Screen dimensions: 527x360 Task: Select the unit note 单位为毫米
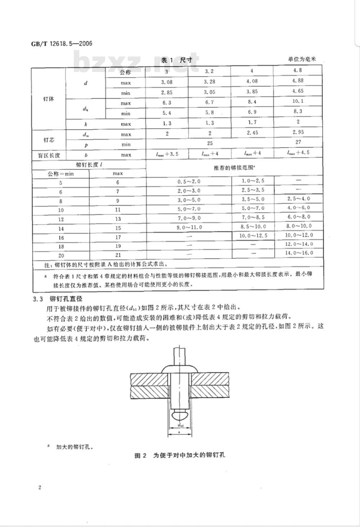[x=301, y=59]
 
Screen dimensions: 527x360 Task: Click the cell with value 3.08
[x=167, y=82]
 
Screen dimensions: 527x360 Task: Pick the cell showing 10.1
[x=298, y=101]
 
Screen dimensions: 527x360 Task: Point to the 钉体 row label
[x=49, y=98]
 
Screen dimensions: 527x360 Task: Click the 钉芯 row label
[x=49, y=139]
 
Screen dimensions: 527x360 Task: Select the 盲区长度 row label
[x=49, y=155]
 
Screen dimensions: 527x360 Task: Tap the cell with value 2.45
[x=252, y=133]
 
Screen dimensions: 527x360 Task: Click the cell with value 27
[x=298, y=142]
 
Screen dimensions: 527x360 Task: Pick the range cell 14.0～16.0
[x=298, y=253]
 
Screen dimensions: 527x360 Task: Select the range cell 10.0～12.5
[x=253, y=235]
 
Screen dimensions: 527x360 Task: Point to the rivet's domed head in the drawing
[x=180, y=368]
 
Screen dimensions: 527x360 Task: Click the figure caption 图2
[x=180, y=455]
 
